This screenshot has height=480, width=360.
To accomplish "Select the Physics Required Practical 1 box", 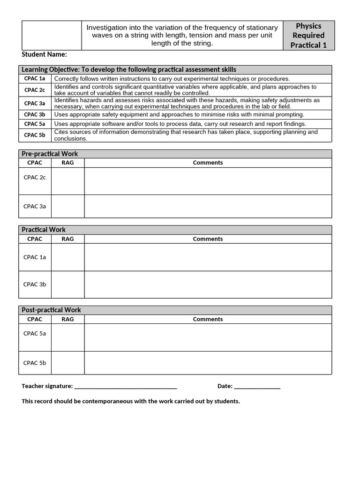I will coord(308,36).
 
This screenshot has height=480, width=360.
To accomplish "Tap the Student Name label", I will coord(44,54).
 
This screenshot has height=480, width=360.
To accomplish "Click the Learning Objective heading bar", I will coord(129,69).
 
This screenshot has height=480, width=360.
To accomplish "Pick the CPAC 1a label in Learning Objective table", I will coord(35,79).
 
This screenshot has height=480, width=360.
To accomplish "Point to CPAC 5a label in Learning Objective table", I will coord(35,124).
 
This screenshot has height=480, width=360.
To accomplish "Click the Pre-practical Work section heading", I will coord(50,154).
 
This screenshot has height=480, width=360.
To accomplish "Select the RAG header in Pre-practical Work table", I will coord(67,163).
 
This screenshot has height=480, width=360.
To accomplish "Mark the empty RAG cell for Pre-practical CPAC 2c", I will coord(67,181).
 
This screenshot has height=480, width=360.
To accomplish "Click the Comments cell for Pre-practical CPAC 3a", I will coord(208,206).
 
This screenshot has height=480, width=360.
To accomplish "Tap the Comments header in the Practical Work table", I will coord(208,239).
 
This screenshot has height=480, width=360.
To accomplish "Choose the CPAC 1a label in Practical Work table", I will coord(35,257).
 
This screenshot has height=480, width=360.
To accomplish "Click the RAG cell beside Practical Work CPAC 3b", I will coord(67,285).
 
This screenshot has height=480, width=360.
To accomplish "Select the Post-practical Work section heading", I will coord(51,310).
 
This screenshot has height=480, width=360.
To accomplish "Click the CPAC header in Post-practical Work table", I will coord(35,319).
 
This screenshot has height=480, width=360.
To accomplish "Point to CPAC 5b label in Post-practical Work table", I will coord(35,363).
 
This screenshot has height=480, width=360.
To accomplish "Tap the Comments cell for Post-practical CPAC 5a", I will coord(208,337).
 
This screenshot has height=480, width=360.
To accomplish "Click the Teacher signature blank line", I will coord(126,387).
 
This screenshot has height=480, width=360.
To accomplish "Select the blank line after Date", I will coord(257,387).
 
